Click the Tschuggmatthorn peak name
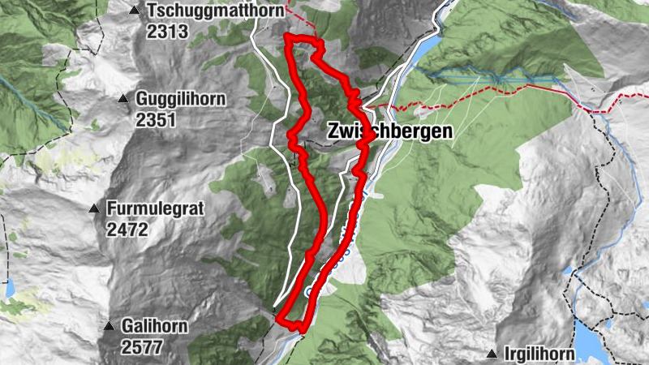point(215,11)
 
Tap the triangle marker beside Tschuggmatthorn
point(135,11)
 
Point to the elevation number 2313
point(167,32)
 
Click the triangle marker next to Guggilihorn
point(123,99)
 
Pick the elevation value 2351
point(156,120)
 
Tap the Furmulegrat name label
point(154,208)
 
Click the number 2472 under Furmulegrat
point(127,230)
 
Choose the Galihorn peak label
point(155,326)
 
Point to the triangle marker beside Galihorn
point(109,326)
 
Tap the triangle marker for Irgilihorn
point(492,354)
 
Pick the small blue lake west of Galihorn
point(11,288)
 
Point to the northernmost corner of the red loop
point(289,36)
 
